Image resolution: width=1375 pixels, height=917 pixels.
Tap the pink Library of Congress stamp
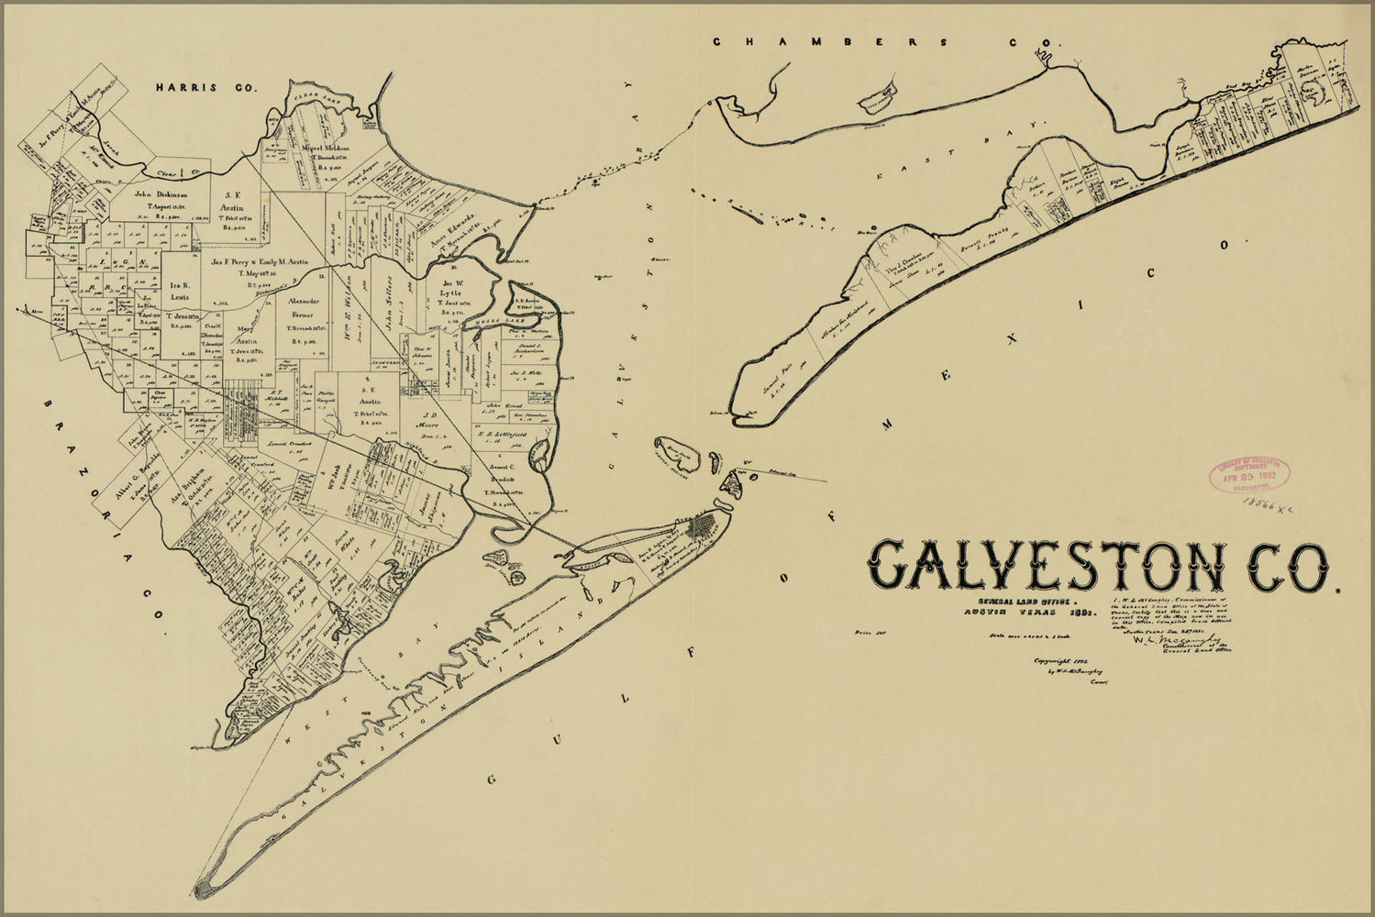coord(1248,476)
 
